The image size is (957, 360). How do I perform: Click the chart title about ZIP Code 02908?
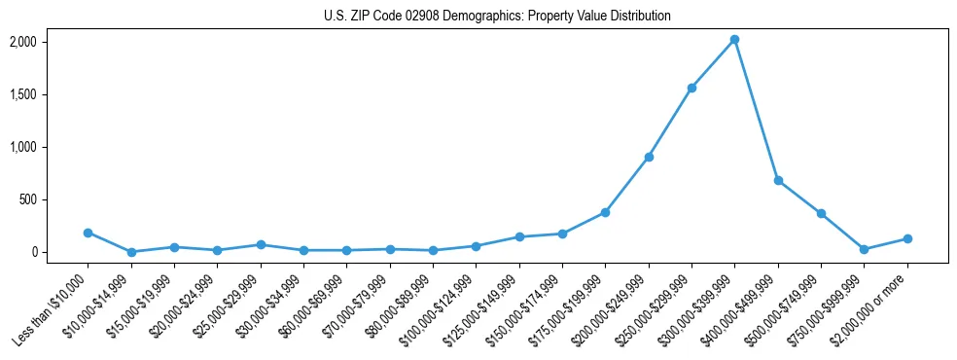pos(497,17)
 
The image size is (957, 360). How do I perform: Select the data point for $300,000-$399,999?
pos(734,40)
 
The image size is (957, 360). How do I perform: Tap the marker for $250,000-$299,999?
pos(691,88)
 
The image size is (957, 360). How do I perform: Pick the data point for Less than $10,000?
pos(89,233)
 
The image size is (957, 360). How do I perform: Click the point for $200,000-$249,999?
pos(649,157)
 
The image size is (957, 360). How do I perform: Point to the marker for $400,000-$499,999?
pos(778,180)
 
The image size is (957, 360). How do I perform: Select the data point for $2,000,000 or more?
pos(907,238)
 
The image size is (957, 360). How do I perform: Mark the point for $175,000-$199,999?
pos(605,212)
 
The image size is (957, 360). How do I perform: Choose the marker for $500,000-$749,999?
pos(821,213)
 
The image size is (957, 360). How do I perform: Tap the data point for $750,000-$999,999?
pos(864,249)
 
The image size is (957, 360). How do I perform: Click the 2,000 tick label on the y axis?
pos(22,42)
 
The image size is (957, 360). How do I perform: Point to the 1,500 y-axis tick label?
pos(22,94)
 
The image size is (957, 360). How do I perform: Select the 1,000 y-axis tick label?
pos(22,147)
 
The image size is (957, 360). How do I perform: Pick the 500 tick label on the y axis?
pos(27,199)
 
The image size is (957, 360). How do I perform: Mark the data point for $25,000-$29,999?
pos(261,244)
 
